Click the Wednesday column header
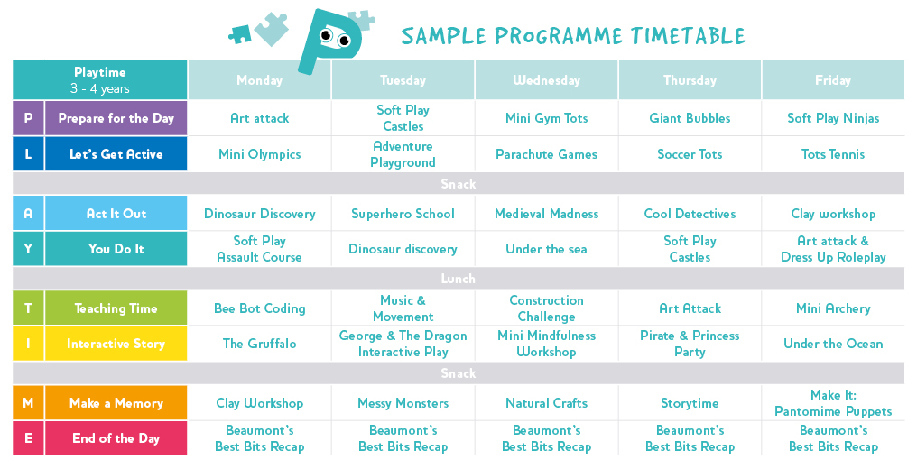[546, 80]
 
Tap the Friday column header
[833, 80]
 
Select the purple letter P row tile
[28, 118]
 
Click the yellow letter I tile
[28, 344]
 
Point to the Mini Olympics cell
[259, 154]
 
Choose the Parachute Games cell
[546, 154]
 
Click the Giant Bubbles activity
[690, 118]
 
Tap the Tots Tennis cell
[833, 154]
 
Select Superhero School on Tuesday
[403, 214]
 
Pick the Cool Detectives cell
[690, 214]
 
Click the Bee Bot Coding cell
[259, 308]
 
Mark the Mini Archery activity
[833, 308]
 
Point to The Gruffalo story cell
[259, 344]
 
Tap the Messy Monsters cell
[403, 403]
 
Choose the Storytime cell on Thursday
[690, 403]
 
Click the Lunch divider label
[458, 279]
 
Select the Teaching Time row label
[116, 308]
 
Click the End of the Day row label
[116, 438]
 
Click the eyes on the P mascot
[336, 37]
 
